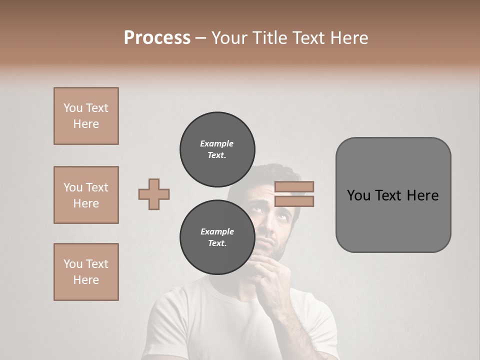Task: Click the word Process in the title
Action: click(157, 38)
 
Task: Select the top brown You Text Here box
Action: click(86, 116)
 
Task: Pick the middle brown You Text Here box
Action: click(86, 195)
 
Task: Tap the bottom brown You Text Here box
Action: click(86, 272)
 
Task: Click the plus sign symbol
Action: click(154, 194)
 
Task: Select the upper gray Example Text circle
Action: click(217, 149)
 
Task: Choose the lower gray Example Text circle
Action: click(217, 237)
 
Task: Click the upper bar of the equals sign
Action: click(294, 186)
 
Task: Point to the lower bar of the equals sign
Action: click(294, 201)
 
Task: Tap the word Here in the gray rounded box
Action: click(422, 195)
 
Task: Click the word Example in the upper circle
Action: click(217, 143)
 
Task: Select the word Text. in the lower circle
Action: click(217, 243)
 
